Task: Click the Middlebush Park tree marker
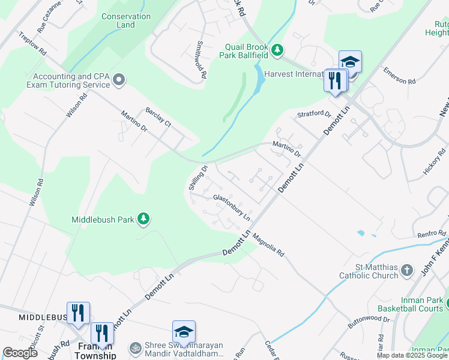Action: pyautogui.click(x=143, y=219)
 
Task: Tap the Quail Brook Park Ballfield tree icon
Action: pyautogui.click(x=277, y=49)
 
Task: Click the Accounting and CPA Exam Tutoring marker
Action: pyautogui.click(x=119, y=80)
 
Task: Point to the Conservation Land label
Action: pyautogui.click(x=126, y=20)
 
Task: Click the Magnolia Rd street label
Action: pyautogui.click(x=268, y=244)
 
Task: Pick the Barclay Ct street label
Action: pyautogui.click(x=158, y=116)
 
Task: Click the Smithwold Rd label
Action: pyautogui.click(x=201, y=60)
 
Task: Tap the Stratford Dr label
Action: pyautogui.click(x=315, y=114)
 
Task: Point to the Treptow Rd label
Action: pyautogui.click(x=33, y=44)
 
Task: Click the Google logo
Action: pyautogui.click(x=20, y=353)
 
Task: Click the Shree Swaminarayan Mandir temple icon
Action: pyautogui.click(x=136, y=347)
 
